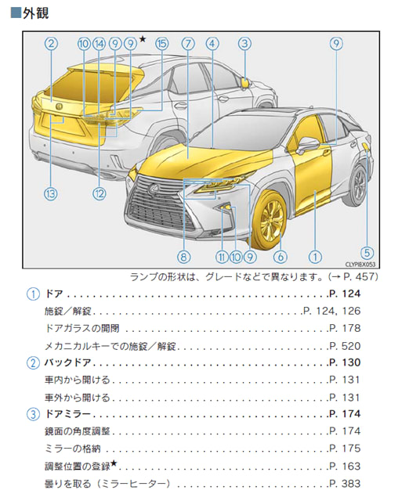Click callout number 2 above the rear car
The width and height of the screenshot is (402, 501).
[x=51, y=44]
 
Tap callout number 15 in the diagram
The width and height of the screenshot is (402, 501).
[x=162, y=44]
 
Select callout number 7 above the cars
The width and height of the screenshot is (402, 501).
[x=188, y=44]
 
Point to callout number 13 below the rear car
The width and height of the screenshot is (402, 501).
[x=51, y=193]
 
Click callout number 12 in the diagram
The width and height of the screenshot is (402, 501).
[x=100, y=193]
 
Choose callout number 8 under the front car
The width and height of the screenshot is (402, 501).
[x=183, y=257]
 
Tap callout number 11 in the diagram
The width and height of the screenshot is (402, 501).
[x=222, y=257]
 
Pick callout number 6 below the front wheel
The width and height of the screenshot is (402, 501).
[x=281, y=257]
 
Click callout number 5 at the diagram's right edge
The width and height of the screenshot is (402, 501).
[x=367, y=253]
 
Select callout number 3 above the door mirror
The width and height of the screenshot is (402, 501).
[x=244, y=44]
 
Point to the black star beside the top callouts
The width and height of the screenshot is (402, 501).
[x=143, y=39]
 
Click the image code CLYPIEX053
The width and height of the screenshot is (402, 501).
[x=360, y=265]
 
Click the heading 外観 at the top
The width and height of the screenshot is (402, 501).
[x=35, y=13]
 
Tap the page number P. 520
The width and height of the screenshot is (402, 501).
[x=345, y=346]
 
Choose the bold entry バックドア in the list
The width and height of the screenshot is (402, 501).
[x=68, y=362]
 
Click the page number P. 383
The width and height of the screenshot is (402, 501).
[x=345, y=484]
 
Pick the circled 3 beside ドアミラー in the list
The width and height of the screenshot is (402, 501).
[x=33, y=414]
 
